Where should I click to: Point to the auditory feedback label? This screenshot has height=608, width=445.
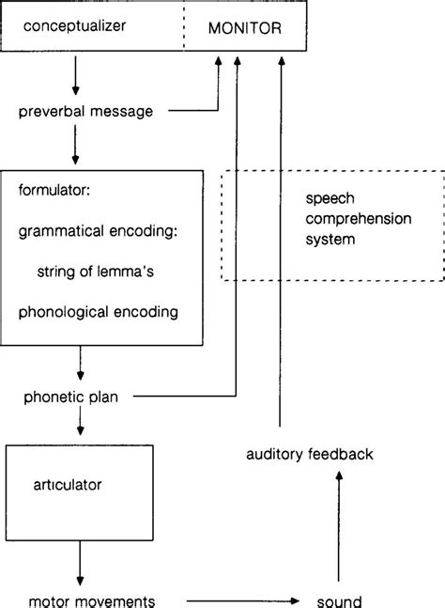tap(310, 455)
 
